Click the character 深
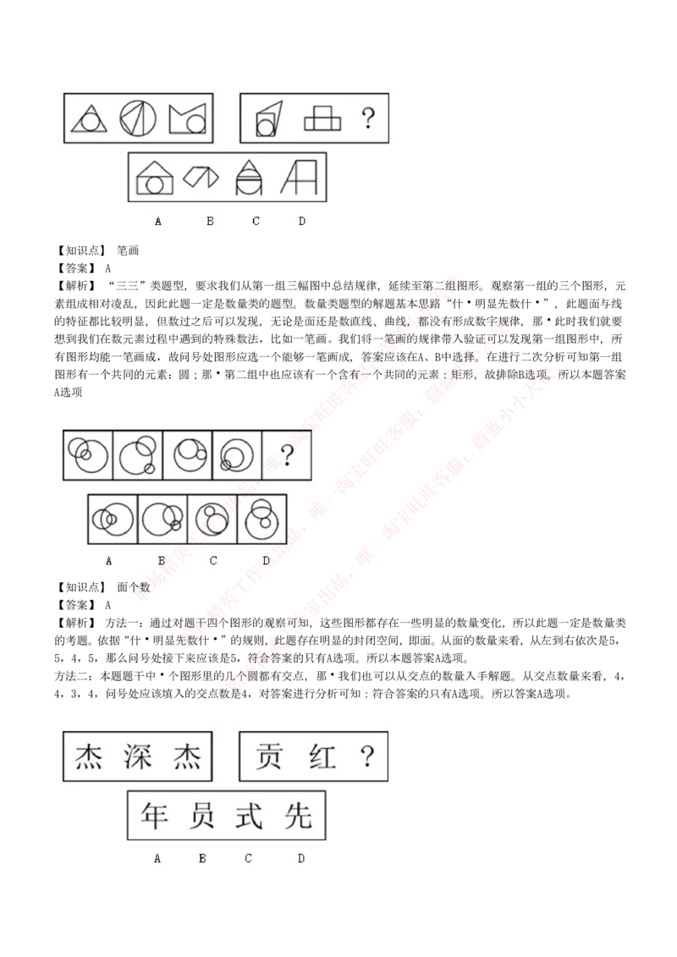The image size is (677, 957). point(138,756)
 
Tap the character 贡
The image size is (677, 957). point(269,756)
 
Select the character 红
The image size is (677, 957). point(322,756)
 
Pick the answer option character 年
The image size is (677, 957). point(156,816)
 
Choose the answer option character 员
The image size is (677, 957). point(203,816)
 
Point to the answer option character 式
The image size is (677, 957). point(251,816)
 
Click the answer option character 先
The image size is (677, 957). point(299,816)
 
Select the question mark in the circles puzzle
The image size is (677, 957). point(287,457)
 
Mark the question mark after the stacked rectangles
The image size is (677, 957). point(367,118)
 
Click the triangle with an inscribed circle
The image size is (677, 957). point(89,118)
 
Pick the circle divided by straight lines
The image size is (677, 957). point(138,118)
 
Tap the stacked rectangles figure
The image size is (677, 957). point(322,118)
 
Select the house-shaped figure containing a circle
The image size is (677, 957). point(155,178)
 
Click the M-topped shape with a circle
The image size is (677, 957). point(188,119)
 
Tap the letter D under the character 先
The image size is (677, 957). point(301,858)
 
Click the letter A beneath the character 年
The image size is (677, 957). point(157,858)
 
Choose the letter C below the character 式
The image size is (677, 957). point(248,858)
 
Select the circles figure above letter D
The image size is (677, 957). point(261,519)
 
